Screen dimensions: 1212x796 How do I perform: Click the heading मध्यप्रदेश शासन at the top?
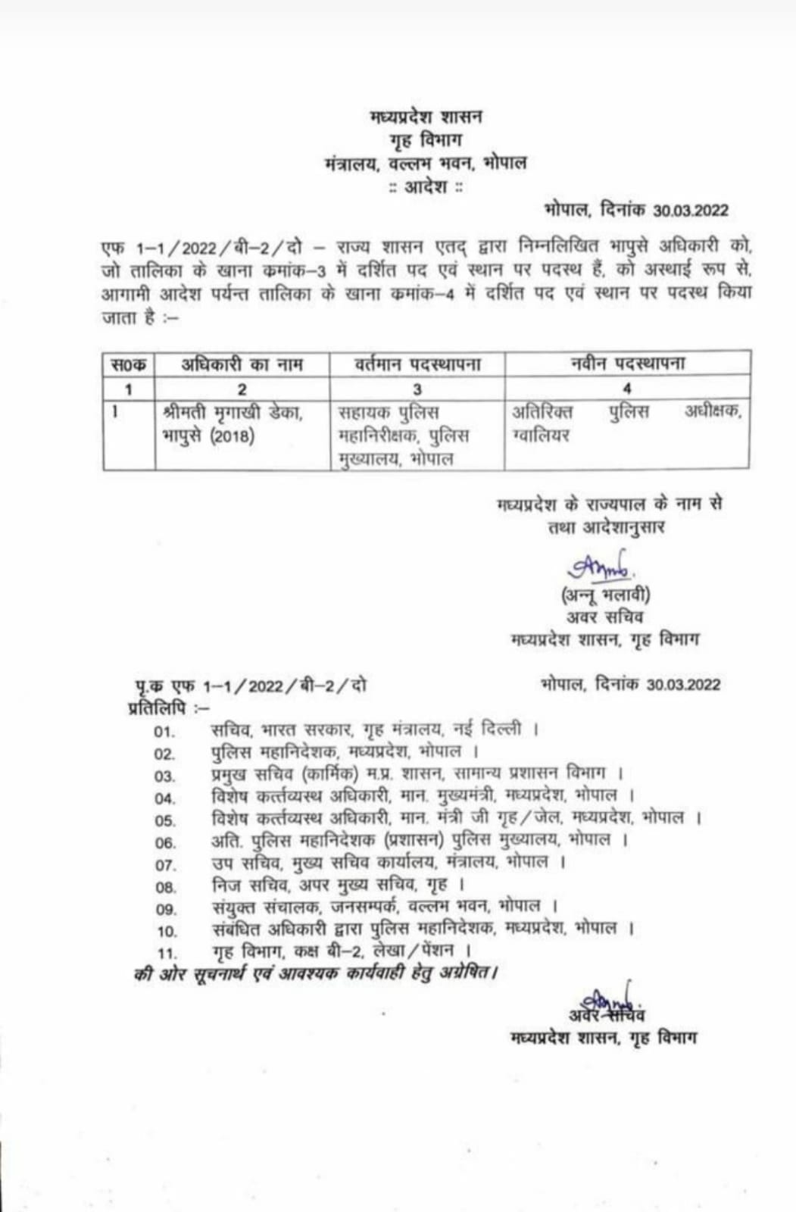coord(426,117)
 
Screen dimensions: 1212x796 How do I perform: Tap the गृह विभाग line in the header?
coord(426,140)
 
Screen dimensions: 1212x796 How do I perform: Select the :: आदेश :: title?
coord(425,186)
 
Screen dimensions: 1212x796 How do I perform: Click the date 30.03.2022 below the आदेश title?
coord(690,211)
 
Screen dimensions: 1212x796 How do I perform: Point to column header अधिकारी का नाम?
coord(242,364)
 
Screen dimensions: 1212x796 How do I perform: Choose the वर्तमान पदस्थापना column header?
coord(417,364)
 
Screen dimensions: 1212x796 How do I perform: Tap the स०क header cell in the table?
coord(129,364)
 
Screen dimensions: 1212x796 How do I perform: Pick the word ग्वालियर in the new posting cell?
coord(541,436)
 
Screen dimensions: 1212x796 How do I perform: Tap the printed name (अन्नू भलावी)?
coord(605,595)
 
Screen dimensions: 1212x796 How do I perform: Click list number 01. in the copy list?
coord(164,732)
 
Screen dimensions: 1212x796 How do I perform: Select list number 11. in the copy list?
coord(167,953)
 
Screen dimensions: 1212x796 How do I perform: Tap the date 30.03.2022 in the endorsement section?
coord(683,685)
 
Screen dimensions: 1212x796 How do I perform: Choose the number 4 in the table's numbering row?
coord(626,389)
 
